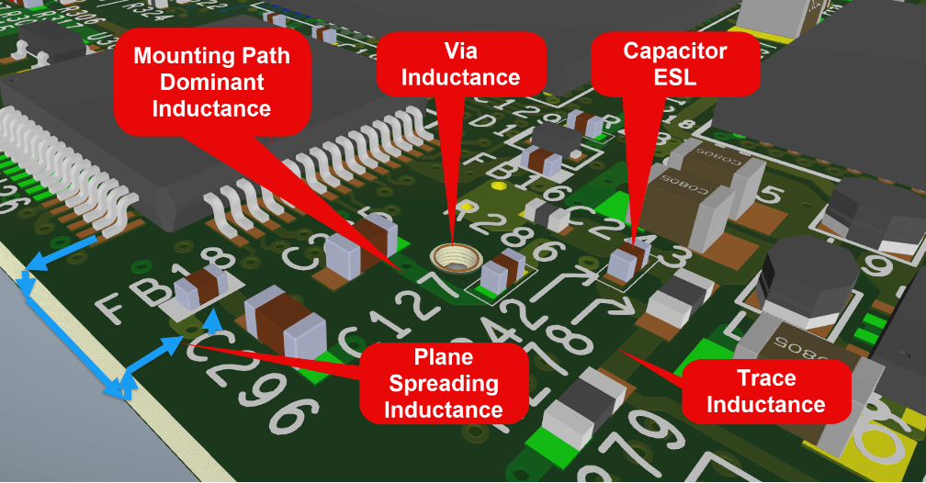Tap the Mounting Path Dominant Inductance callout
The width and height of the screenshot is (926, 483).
tap(211, 82)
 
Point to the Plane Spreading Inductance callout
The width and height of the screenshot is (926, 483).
tap(443, 383)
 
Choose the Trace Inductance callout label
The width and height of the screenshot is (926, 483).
tap(765, 390)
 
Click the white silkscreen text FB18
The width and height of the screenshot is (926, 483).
tap(138, 296)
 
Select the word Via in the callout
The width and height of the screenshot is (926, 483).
tap(461, 50)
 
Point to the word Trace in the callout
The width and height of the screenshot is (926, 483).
tap(766, 377)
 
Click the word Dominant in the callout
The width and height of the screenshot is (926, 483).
tap(211, 82)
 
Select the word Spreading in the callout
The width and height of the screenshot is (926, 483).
tap(443, 383)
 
